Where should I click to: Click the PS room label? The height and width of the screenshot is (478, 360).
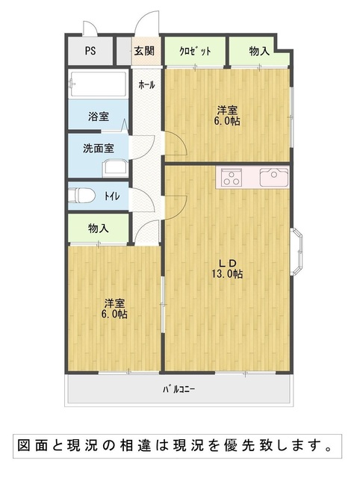(x=90, y=51)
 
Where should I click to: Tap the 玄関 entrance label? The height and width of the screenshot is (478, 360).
(x=144, y=51)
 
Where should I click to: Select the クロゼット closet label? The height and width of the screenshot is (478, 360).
(x=195, y=51)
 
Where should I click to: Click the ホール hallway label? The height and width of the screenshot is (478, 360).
(x=146, y=84)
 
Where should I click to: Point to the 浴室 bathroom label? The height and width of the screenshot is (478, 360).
(x=99, y=117)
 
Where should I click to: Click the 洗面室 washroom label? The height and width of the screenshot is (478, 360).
(x=99, y=148)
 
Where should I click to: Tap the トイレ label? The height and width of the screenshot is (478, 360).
(x=112, y=196)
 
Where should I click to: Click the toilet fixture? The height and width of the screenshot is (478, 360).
(x=81, y=196)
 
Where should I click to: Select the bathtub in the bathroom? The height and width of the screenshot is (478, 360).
(x=98, y=84)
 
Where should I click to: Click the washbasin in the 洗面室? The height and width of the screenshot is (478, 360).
(x=115, y=168)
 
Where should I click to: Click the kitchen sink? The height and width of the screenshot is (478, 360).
(x=273, y=177)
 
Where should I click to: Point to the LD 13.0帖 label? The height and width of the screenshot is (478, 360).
(x=227, y=268)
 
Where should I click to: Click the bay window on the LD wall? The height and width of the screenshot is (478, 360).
(x=297, y=251)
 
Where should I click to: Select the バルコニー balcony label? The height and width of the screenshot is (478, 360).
(x=179, y=389)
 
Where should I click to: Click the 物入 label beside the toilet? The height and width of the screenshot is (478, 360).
(x=98, y=228)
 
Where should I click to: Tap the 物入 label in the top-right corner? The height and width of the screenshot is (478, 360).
(x=259, y=52)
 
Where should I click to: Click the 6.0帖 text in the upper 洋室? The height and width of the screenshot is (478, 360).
(x=227, y=121)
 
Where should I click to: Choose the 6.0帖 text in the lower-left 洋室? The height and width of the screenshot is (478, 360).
(x=114, y=314)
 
